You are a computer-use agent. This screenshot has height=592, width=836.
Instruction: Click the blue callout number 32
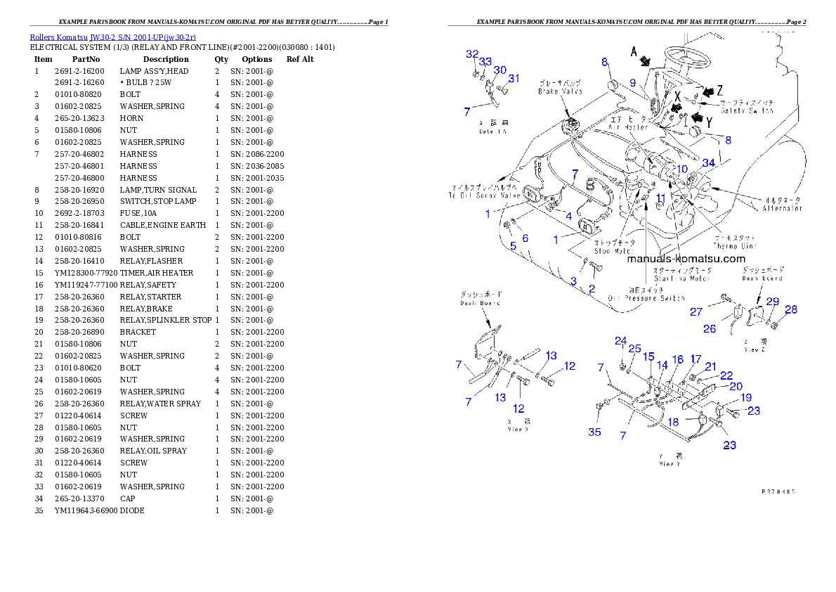pyautogui.click(x=472, y=54)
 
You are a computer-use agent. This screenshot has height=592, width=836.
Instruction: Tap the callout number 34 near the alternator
pyautogui.click(x=708, y=164)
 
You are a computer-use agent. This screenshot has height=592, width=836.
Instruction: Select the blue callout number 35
pyautogui.click(x=594, y=432)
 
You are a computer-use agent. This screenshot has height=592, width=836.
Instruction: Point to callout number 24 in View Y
pyautogui.click(x=621, y=341)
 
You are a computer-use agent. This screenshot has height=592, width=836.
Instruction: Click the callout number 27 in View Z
pyautogui.click(x=696, y=311)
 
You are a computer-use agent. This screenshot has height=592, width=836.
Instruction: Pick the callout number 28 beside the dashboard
pyautogui.click(x=791, y=310)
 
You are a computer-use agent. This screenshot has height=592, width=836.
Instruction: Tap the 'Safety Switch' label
pyautogui.click(x=748, y=111)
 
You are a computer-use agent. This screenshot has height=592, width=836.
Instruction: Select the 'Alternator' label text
pyautogui.click(x=783, y=208)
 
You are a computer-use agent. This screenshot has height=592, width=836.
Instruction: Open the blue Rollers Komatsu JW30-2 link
pyautogui.click(x=112, y=37)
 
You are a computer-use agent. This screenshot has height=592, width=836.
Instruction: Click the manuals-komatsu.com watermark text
pyautogui.click(x=686, y=259)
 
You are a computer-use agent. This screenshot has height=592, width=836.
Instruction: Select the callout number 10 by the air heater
pyautogui.click(x=681, y=169)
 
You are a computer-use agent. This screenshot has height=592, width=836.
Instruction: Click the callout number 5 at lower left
pyautogui.click(x=513, y=246)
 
